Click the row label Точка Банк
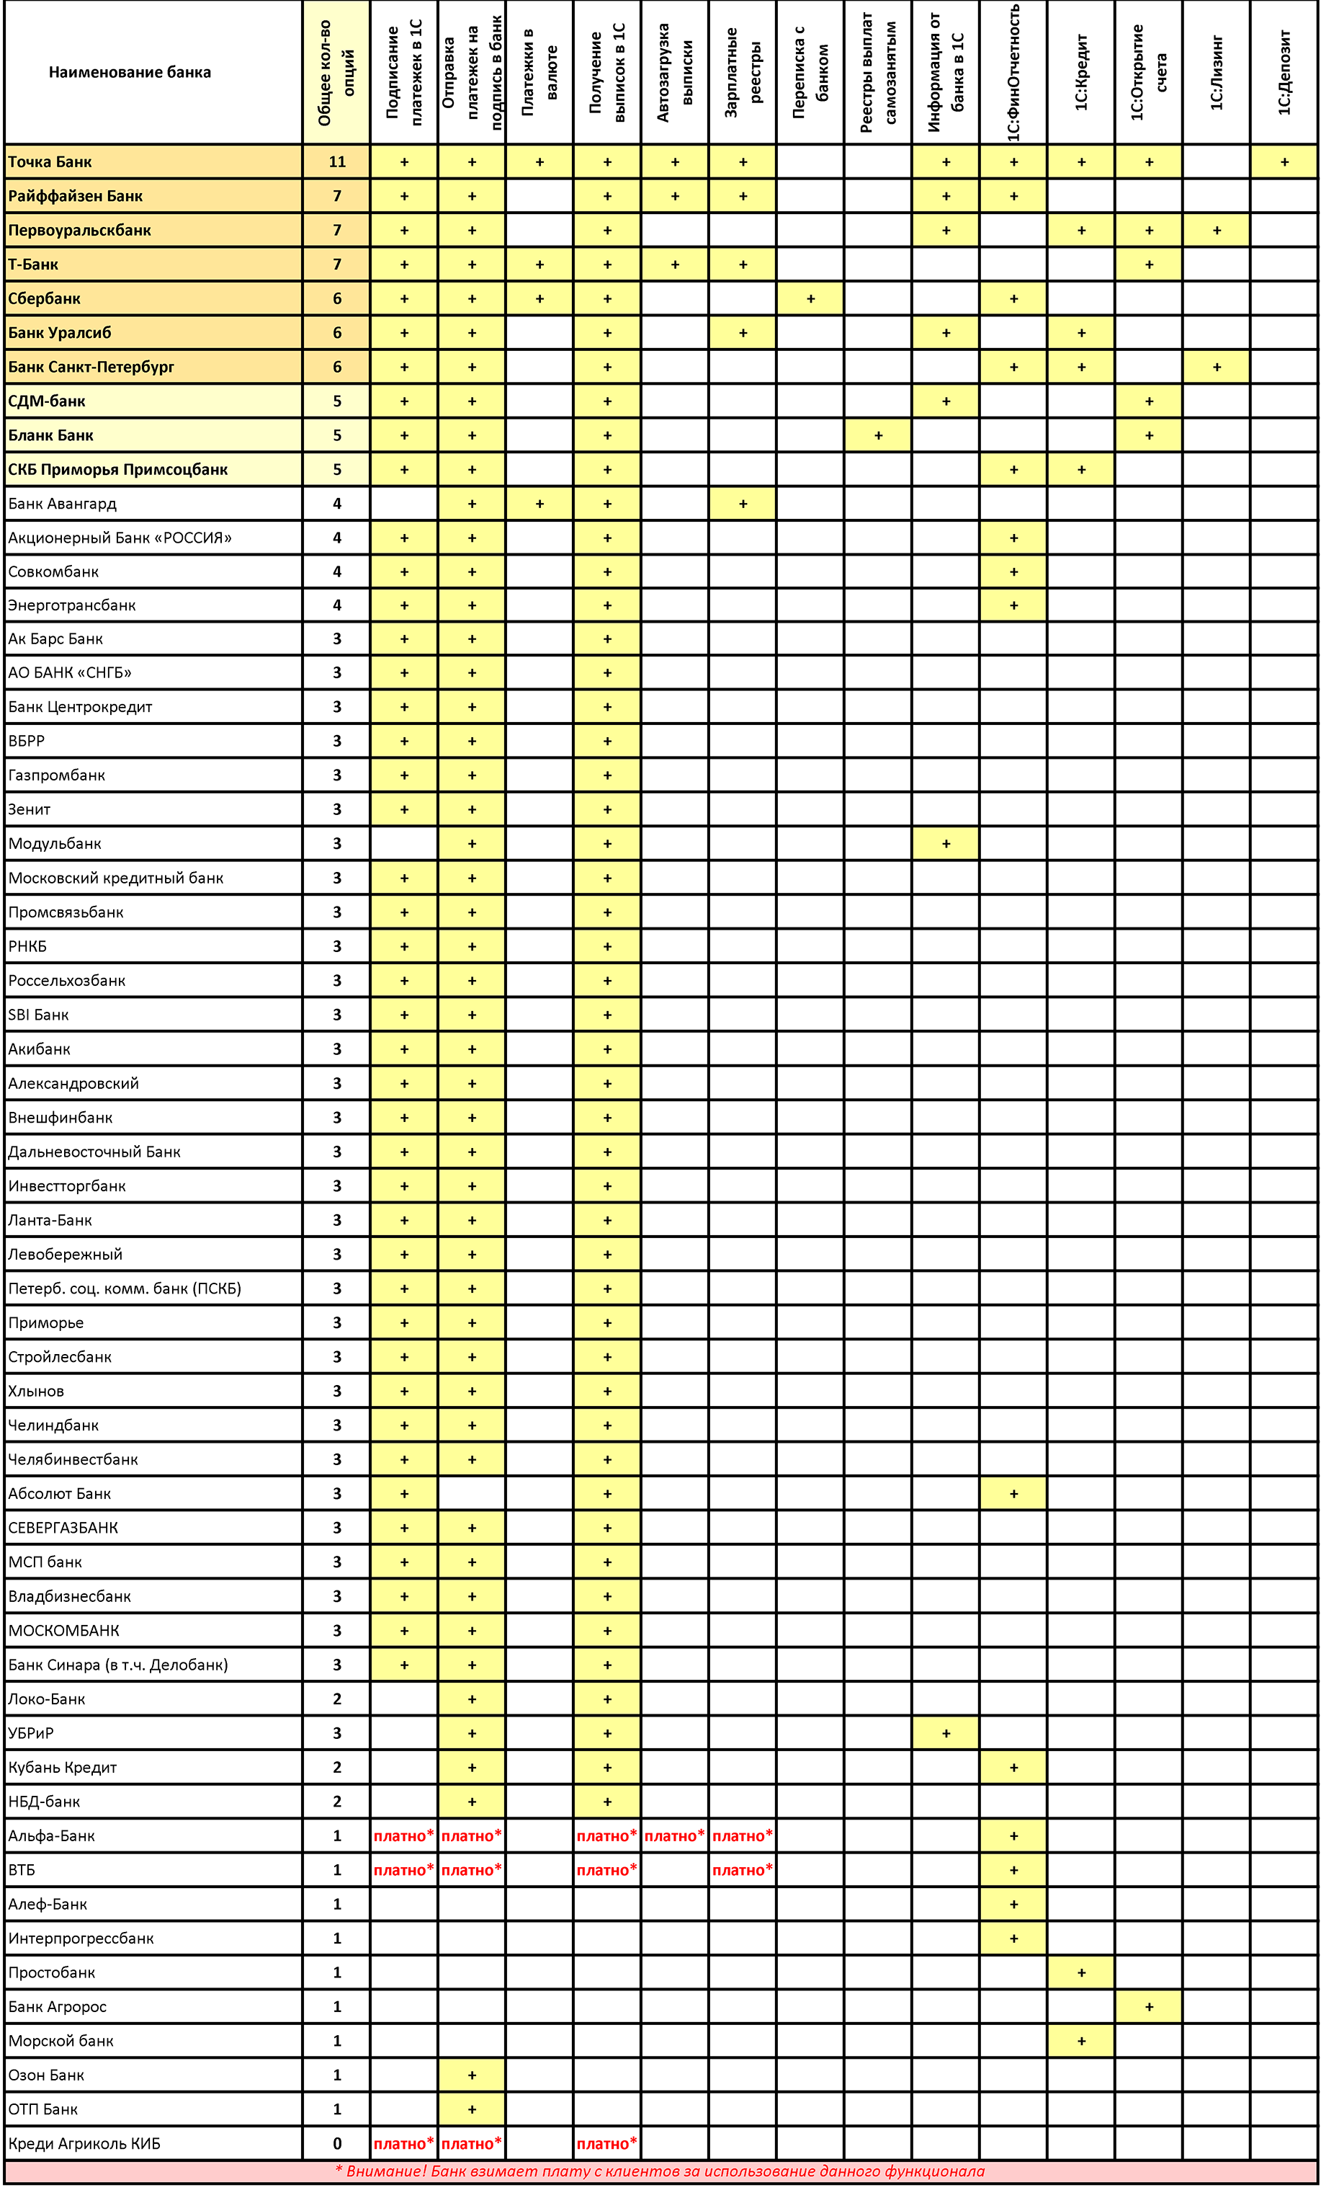50,161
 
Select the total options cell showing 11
336,161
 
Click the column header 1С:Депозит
1284,72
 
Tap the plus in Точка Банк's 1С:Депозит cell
1284,161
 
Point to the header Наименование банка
130,72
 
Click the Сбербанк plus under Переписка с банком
810,298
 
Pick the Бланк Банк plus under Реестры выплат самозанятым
878,435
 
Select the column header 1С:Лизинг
1216,72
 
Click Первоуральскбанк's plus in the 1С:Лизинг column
1216,230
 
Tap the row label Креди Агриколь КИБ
84,2143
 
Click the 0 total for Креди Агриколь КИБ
336,2143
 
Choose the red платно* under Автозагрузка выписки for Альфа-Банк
674,1835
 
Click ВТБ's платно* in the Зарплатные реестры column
743,1870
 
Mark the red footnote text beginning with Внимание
660,2171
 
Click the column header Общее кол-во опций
336,72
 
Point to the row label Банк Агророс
58,2007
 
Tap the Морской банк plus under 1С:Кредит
1081,2041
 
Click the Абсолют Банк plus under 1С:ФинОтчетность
1013,1493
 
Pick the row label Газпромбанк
57,775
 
